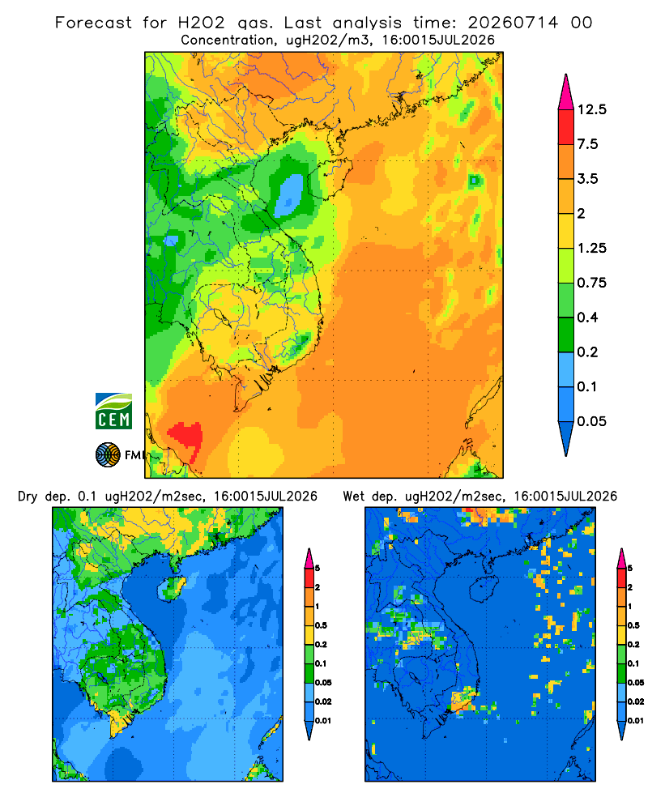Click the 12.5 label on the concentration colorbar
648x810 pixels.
591,109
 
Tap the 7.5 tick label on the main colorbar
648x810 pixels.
587,144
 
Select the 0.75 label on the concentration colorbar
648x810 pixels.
591,283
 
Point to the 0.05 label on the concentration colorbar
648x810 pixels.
591,421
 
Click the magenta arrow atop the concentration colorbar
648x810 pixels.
566,92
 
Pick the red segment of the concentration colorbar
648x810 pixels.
566,127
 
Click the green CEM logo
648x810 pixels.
113,411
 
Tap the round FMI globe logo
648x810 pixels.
108,454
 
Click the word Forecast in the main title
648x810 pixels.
93,23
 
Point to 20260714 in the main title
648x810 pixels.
513,23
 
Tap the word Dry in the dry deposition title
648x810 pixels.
28,497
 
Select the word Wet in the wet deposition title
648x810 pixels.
354,497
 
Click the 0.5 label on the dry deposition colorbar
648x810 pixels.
321,625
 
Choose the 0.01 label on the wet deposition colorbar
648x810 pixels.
636,721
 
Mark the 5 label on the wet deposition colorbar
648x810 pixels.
630,569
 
